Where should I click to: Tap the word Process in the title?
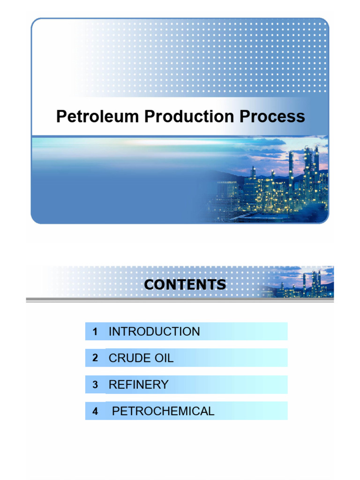point(272,117)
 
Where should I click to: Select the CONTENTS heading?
point(185,285)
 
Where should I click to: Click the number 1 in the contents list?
point(95,332)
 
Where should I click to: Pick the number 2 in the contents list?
point(95,359)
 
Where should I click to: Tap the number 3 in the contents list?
point(95,385)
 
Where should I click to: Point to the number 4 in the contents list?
point(95,412)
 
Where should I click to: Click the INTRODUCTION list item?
point(154,332)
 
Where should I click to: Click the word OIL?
point(163,359)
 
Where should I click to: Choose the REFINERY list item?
point(138,385)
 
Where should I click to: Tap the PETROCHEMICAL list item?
point(163,412)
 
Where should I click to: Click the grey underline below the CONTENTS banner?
point(180,300)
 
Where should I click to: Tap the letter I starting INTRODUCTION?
point(110,332)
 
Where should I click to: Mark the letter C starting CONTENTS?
point(149,285)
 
